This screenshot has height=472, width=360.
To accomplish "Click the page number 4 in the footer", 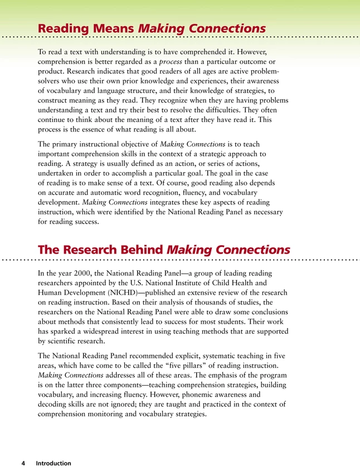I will pos(23,463).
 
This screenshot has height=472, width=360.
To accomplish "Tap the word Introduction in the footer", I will pos(53,463).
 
